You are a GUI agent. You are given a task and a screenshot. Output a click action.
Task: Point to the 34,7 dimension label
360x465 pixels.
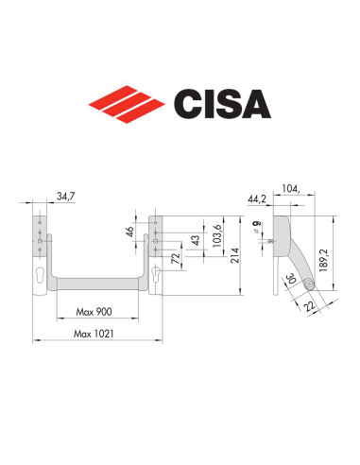65,196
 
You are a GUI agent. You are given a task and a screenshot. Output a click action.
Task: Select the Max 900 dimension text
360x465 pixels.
94,311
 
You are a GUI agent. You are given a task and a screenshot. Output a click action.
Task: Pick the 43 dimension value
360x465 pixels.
196,240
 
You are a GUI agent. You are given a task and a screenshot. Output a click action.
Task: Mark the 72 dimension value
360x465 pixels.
176,257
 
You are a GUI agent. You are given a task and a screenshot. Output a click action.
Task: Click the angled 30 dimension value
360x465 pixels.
291,281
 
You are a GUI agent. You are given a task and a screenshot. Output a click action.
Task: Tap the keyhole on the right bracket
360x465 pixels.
154,274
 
